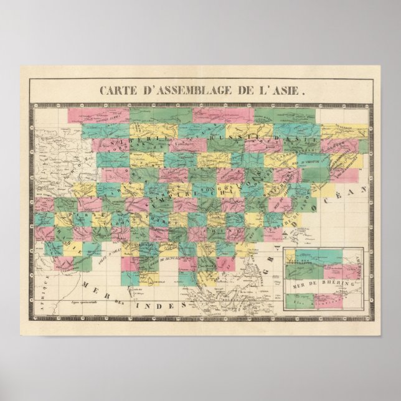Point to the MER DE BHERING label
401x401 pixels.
(321, 283)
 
